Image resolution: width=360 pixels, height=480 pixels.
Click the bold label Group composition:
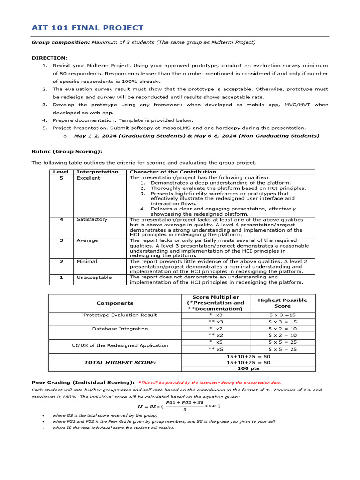click(x=60, y=42)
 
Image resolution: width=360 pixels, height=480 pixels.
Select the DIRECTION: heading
click(x=49, y=58)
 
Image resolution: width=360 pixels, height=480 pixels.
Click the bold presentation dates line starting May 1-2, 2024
click(x=196, y=135)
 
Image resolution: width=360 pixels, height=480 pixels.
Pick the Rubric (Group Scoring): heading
click(x=67, y=151)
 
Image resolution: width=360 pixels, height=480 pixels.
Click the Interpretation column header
click(x=97, y=172)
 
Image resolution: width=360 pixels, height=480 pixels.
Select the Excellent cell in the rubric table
click(x=88, y=178)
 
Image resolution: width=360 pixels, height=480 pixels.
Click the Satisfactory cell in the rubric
click(x=92, y=219)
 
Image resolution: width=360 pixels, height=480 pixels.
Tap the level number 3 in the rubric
click(x=61, y=240)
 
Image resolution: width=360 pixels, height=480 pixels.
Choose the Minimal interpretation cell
click(x=87, y=261)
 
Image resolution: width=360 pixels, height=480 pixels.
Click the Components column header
click(x=115, y=303)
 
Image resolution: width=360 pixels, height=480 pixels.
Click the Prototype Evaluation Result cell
click(x=120, y=315)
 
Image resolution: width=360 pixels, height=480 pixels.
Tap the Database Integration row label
click(x=120, y=329)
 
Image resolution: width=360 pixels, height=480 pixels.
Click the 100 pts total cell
click(x=248, y=369)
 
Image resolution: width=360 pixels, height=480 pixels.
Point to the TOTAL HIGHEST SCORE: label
click(x=120, y=362)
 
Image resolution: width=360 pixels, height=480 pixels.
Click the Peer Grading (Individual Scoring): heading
click(x=83, y=382)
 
